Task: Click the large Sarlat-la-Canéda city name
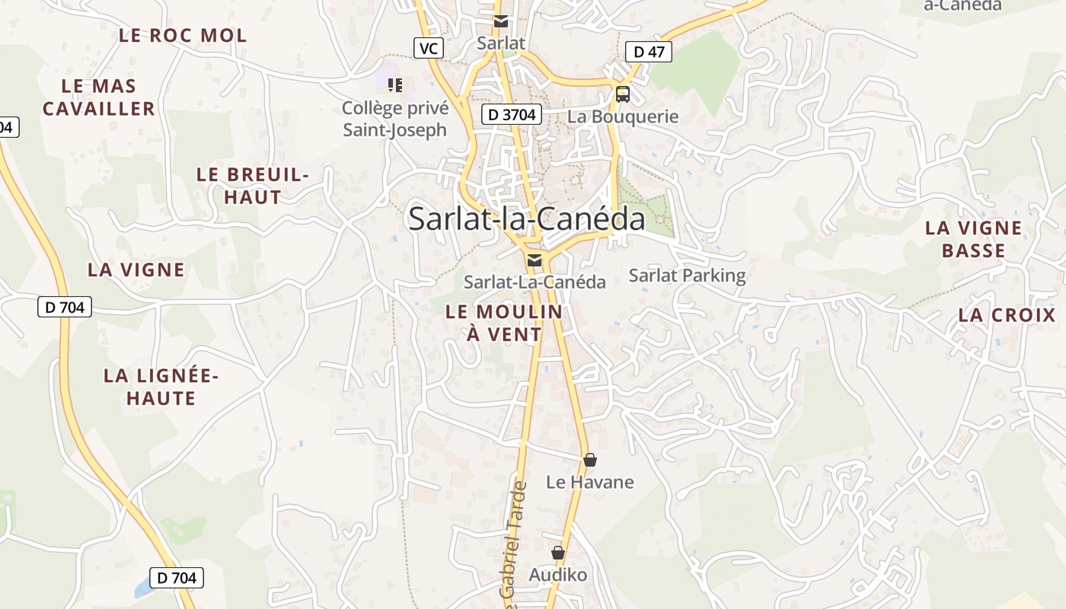coord(526,218)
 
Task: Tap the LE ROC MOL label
coord(183,35)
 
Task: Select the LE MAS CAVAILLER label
coord(99,97)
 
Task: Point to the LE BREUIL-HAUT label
coord(252,185)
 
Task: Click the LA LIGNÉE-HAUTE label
coord(161,387)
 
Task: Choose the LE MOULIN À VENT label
coord(504,323)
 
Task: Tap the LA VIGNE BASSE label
coord(973,239)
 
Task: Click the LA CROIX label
coord(1007,315)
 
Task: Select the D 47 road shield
coord(649,52)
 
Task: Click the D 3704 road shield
coord(512,115)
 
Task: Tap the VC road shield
coord(429,49)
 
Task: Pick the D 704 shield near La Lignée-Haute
coord(65,308)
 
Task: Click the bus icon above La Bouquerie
coord(623,94)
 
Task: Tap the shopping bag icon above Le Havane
coord(589,460)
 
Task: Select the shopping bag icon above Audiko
coord(558,553)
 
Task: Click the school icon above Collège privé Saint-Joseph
coord(394,84)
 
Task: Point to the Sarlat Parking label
coord(687,275)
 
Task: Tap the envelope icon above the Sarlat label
coord(501,21)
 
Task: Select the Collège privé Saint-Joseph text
coord(394,119)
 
